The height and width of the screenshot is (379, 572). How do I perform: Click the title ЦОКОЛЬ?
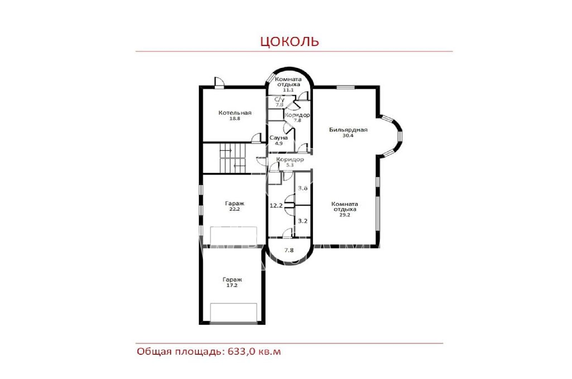pyautogui.click(x=290, y=41)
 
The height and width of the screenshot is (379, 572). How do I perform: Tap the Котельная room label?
pyautogui.click(x=235, y=113)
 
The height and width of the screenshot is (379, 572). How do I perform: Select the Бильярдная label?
pyautogui.click(x=348, y=130)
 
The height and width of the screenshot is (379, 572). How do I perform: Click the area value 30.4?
pyautogui.click(x=348, y=136)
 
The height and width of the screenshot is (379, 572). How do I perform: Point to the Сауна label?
pyautogui.click(x=278, y=138)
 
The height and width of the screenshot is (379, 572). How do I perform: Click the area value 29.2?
pyautogui.click(x=345, y=215)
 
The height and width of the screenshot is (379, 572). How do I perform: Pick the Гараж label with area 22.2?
pyautogui.click(x=235, y=203)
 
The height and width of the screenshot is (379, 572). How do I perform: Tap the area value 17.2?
pyautogui.click(x=232, y=285)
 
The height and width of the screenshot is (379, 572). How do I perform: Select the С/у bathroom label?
pyautogui.click(x=279, y=99)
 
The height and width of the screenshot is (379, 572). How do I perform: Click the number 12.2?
pyautogui.click(x=276, y=206)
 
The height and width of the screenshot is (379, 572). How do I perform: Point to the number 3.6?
pyautogui.click(x=303, y=188)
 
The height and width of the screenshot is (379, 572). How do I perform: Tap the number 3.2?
pyautogui.click(x=303, y=221)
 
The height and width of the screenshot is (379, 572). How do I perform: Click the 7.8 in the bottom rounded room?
pyautogui.click(x=289, y=250)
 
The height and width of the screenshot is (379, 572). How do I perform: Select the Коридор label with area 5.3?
pyautogui.click(x=290, y=159)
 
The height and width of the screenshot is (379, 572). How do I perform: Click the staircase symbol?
pyautogui.click(x=232, y=158)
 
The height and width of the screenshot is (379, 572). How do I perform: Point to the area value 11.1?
pyautogui.click(x=288, y=90)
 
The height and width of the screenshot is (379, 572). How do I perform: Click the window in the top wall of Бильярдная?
pyautogui.click(x=345, y=87)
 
